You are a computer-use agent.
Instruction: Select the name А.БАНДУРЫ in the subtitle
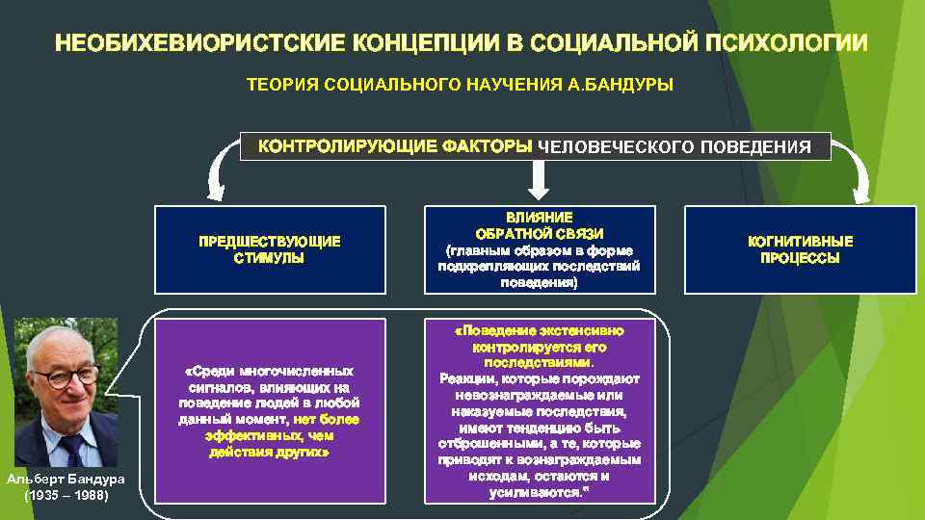[628, 85]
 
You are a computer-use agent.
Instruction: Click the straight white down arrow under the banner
[538, 179]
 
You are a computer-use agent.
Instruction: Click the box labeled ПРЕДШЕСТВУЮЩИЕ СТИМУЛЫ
[270, 249]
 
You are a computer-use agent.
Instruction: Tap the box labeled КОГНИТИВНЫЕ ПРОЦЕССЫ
[800, 249]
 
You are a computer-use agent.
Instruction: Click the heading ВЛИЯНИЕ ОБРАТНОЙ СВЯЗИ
[540, 226]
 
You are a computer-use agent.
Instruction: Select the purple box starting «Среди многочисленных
[270, 410]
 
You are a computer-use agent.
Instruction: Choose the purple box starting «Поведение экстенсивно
[540, 410]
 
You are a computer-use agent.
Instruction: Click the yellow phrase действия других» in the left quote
[270, 452]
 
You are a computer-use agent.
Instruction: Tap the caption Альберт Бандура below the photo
[60, 481]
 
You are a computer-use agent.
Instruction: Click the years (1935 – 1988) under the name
[60, 496]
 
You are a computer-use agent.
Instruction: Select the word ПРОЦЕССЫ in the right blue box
[800, 258]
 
